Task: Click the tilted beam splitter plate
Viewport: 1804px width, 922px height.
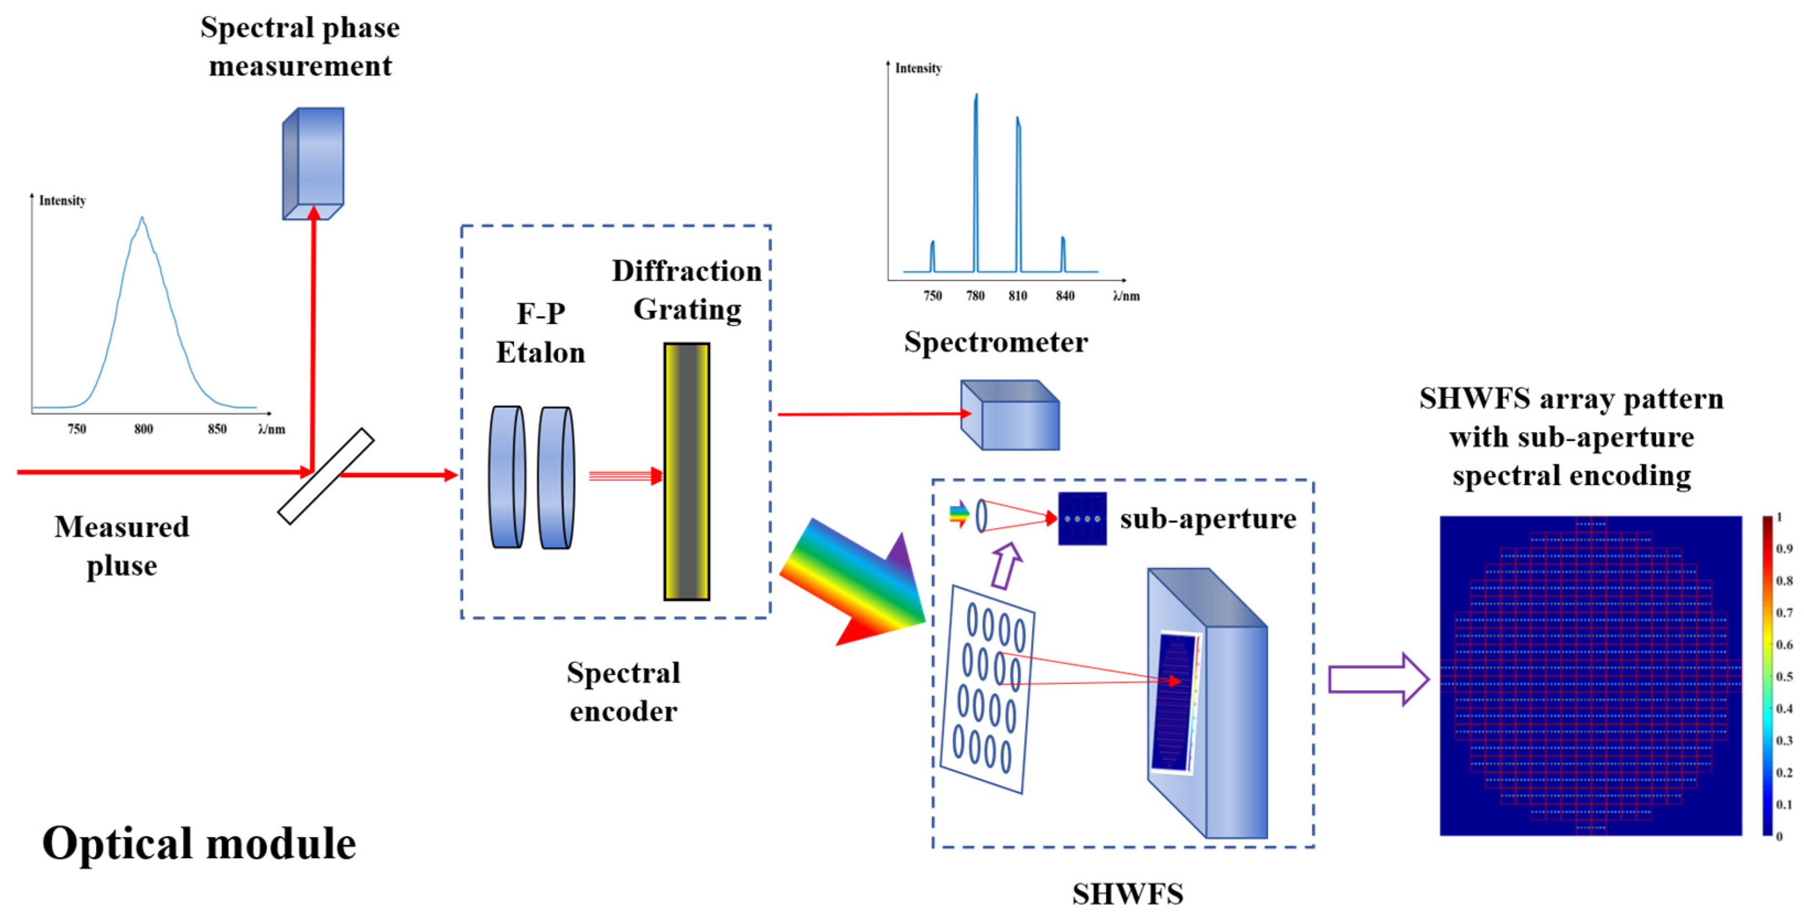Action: click(x=326, y=476)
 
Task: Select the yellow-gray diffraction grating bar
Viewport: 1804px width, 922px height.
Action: click(x=686, y=471)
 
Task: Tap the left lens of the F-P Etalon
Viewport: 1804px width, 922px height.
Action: click(x=507, y=477)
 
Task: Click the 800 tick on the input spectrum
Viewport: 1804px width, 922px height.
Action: click(x=143, y=428)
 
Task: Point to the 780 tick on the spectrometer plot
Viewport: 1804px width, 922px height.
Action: click(x=975, y=295)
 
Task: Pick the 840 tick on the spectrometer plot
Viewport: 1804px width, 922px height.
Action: click(x=1064, y=295)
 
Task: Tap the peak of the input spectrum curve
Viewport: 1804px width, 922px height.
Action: click(x=142, y=220)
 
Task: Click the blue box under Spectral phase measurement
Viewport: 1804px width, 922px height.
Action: click(x=313, y=163)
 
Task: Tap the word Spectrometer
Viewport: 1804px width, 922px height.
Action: click(x=995, y=342)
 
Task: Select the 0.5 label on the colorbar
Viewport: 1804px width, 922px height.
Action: click(x=1784, y=676)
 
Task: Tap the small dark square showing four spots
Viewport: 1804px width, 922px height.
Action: click(x=1082, y=519)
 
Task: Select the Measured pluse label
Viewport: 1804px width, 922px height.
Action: click(x=122, y=546)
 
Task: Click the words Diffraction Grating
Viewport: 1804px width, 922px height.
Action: click(x=686, y=290)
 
